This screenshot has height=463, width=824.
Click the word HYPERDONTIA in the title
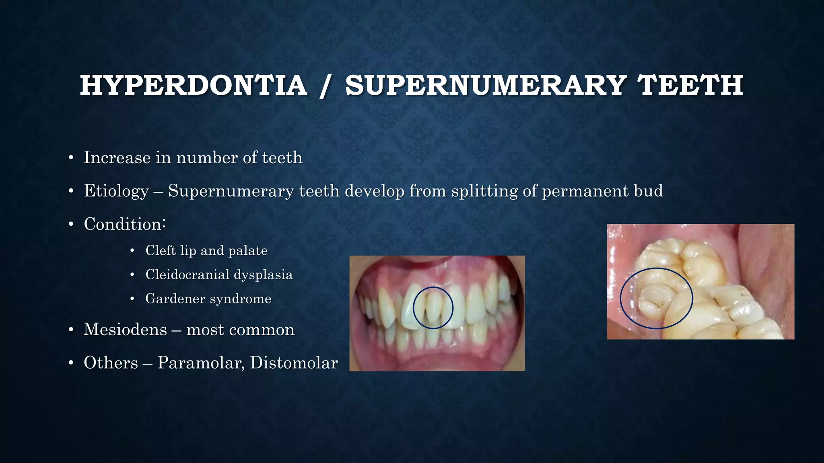[x=194, y=86]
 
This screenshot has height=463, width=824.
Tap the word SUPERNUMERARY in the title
[x=485, y=86]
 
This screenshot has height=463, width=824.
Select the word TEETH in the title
[x=690, y=86]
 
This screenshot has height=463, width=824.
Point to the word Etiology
[x=116, y=191]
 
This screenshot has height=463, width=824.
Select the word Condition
[x=123, y=224]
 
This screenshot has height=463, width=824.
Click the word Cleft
[x=161, y=250]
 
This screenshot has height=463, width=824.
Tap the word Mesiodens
[x=125, y=330]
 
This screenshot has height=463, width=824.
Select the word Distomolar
[x=294, y=363]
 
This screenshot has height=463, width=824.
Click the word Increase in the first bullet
[x=117, y=158]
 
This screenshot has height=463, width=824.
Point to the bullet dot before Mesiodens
[x=71, y=330]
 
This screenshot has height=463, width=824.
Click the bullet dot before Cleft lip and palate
[x=132, y=251]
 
